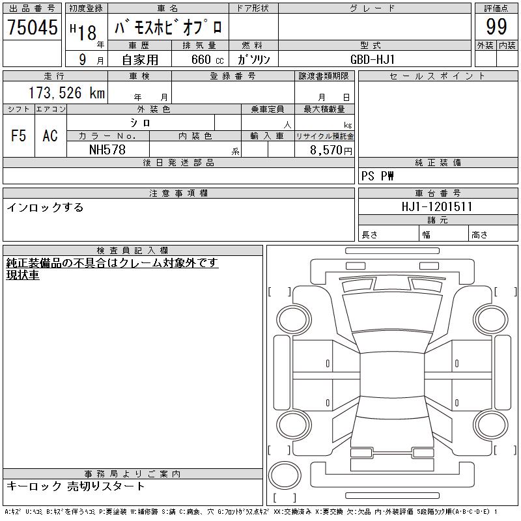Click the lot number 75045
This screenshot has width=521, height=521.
tap(33, 27)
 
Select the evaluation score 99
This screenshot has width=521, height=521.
tap(496, 27)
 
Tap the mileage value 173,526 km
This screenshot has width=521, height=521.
tap(66, 93)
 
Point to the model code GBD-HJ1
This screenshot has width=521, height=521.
tap(373, 59)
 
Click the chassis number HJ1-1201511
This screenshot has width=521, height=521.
tap(436, 206)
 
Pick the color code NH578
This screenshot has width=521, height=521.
tap(107, 150)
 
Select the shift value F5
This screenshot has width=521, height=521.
tap(19, 135)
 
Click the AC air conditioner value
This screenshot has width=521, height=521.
tap(50, 135)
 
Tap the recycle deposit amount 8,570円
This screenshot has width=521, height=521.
tap(331, 150)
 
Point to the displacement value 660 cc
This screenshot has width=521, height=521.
tap(207, 59)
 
